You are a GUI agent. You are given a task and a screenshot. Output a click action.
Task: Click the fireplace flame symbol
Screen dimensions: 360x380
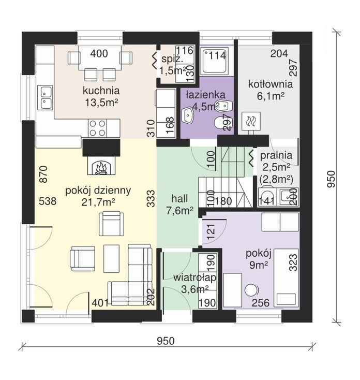click(x=101, y=168)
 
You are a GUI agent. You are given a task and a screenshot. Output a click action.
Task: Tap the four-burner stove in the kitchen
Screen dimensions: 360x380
click(x=97, y=128)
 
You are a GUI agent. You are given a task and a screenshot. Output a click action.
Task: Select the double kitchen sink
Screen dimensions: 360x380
click(x=46, y=97)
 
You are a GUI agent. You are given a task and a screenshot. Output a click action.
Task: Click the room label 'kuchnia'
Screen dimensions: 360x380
click(x=101, y=91)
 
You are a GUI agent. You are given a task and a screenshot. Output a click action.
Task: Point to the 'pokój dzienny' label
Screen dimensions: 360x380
click(x=98, y=191)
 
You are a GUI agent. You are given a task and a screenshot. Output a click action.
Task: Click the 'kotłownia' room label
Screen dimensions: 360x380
click(x=271, y=84)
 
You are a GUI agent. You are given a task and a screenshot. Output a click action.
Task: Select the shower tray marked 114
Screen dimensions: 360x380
click(x=215, y=61)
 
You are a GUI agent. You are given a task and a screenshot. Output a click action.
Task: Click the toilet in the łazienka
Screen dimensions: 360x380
click(x=223, y=123)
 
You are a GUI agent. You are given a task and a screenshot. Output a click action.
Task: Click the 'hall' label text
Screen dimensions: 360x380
click(x=179, y=199)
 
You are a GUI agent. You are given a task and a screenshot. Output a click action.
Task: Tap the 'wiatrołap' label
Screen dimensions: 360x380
click(x=194, y=277)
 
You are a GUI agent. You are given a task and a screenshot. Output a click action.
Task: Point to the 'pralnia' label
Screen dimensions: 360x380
click(x=276, y=155)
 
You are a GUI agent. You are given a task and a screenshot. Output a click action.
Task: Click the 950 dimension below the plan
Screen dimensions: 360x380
click(x=166, y=341)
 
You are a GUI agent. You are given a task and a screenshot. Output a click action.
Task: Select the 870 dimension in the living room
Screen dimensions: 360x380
click(x=43, y=174)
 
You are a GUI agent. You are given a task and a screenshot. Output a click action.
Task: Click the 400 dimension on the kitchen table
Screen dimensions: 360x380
click(x=99, y=53)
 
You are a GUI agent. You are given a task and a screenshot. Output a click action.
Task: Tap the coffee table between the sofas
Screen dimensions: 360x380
click(x=111, y=258)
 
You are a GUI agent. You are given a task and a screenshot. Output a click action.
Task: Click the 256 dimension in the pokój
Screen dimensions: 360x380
click(x=261, y=303)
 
